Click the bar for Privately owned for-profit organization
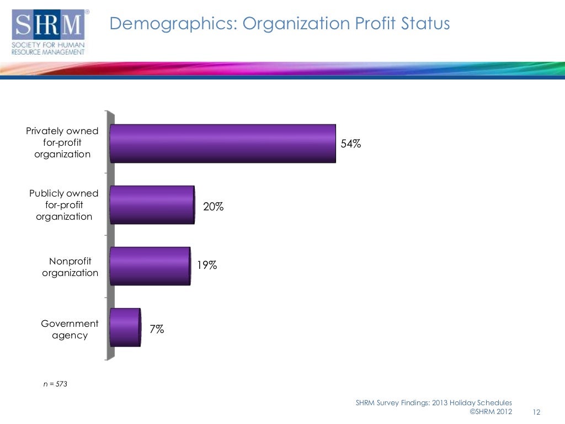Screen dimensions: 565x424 223,144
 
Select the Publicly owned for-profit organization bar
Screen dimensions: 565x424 152,205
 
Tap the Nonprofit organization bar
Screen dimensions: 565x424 150,266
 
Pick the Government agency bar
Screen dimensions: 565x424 125,327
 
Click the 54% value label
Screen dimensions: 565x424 350,144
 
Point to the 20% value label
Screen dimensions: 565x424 214,206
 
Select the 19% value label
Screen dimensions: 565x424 207,265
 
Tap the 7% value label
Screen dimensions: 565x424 157,329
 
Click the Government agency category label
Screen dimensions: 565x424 70,329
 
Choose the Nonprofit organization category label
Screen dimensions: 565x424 70,267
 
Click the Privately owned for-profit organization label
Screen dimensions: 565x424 62,142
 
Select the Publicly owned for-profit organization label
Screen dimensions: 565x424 64,205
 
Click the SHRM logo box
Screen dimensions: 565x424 49,24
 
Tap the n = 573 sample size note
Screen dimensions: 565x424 55,384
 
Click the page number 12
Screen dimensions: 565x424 536,412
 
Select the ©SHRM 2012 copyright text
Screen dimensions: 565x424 491,411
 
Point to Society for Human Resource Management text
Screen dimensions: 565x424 48,49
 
